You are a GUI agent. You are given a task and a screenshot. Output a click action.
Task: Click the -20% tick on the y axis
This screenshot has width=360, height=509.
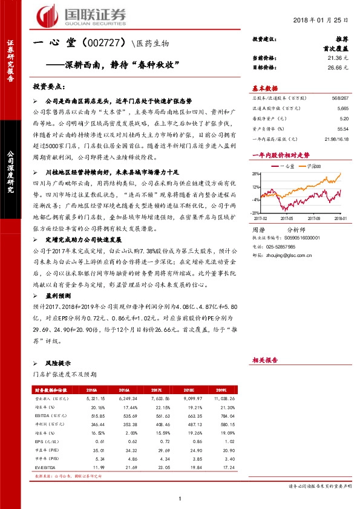[255, 213]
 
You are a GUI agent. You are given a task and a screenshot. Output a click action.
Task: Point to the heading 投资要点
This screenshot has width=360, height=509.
[49, 86]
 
